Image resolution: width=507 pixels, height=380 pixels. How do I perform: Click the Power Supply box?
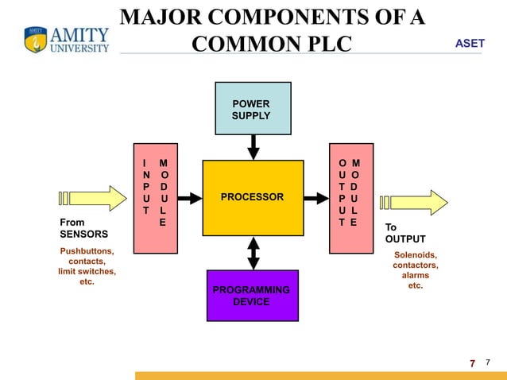[250, 111]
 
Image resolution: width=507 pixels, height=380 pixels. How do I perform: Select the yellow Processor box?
[253, 197]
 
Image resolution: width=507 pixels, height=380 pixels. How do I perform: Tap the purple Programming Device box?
[251, 295]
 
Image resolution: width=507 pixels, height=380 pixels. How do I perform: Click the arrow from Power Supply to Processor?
[253, 147]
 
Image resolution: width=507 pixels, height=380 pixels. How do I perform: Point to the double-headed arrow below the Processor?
[253, 253]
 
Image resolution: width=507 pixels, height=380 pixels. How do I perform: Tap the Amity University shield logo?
[36, 40]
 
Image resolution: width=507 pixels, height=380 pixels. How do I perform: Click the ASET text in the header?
[469, 43]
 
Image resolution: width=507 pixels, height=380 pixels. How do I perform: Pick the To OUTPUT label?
[405, 233]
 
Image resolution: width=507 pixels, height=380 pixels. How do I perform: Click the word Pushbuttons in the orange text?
[87, 251]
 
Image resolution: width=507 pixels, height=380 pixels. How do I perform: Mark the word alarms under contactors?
[415, 275]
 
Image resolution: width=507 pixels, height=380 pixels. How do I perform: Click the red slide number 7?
[472, 364]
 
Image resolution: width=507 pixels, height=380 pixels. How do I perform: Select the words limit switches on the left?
[87, 271]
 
